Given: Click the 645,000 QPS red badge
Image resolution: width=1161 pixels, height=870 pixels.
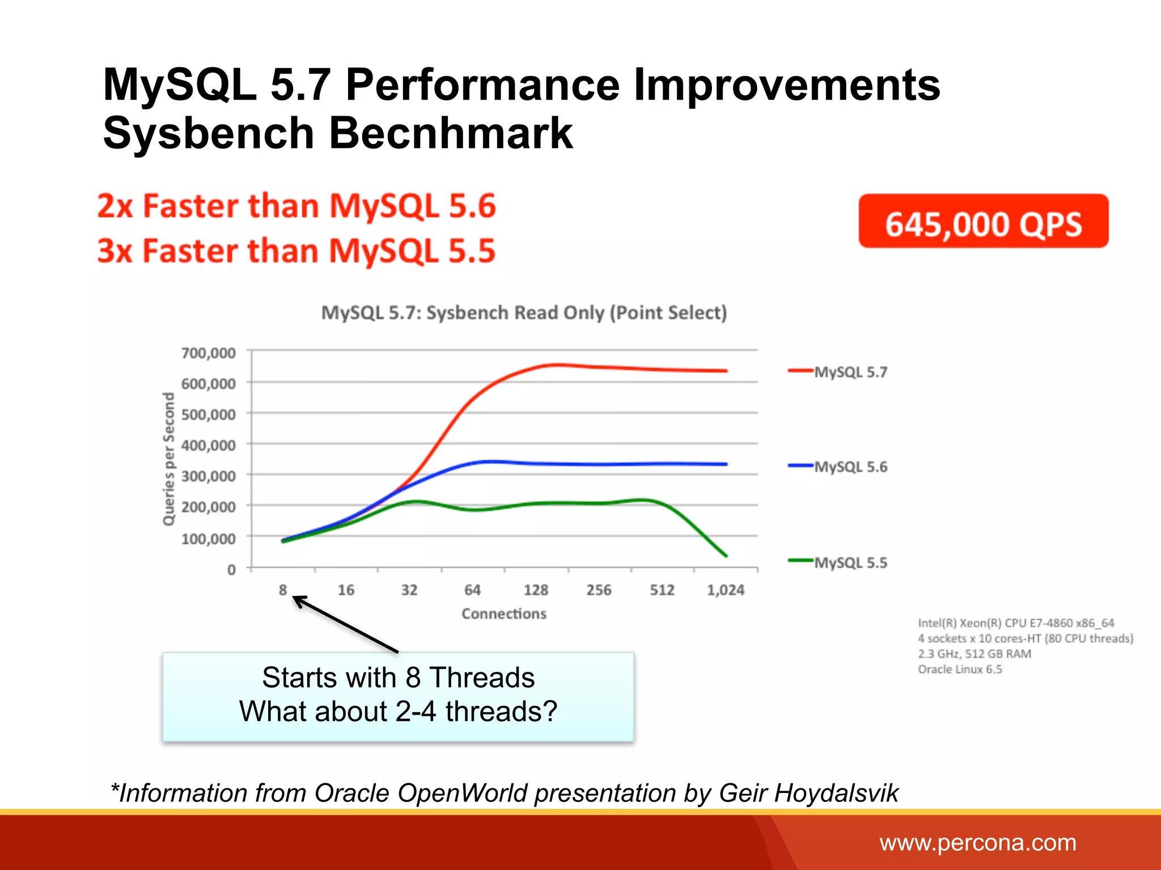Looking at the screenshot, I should pyautogui.click(x=983, y=221).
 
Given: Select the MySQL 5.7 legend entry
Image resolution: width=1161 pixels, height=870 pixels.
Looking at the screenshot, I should pyautogui.click(x=850, y=372).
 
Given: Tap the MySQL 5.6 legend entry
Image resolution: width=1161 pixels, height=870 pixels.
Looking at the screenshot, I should pyautogui.click(x=850, y=467).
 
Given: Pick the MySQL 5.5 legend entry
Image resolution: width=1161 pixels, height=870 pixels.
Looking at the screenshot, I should pyautogui.click(x=850, y=562).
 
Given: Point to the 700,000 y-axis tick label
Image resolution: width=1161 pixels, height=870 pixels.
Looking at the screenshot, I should pyautogui.click(x=208, y=353).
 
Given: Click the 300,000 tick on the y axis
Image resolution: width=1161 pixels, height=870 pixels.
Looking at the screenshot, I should pyautogui.click(x=208, y=476).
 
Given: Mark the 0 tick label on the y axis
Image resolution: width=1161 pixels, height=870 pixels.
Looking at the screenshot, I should pyautogui.click(x=231, y=569).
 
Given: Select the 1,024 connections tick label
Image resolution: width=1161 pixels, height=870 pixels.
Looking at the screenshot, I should pyautogui.click(x=725, y=590).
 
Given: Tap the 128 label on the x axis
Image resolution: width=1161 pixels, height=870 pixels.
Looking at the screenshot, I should pyautogui.click(x=536, y=590).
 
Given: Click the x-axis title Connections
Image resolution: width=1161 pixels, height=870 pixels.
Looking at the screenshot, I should pyautogui.click(x=503, y=613).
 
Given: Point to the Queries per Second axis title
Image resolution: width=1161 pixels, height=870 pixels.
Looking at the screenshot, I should pyautogui.click(x=168, y=459).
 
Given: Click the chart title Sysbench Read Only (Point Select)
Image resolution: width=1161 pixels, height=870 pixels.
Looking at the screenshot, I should pyautogui.click(x=524, y=313).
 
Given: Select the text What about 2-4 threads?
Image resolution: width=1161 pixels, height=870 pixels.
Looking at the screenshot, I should pyautogui.click(x=398, y=711).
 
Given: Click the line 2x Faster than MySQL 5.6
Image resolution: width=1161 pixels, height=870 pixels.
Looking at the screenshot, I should pyautogui.click(x=296, y=206).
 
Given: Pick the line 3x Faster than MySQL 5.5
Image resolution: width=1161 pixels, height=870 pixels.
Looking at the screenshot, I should pyautogui.click(x=296, y=251).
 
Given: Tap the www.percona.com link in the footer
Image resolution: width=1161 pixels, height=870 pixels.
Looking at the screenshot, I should pyautogui.click(x=977, y=843).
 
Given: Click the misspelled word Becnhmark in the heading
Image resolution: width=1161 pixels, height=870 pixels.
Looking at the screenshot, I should pyautogui.click(x=451, y=133).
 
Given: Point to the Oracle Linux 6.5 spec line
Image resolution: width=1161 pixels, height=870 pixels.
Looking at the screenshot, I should pyautogui.click(x=960, y=669).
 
